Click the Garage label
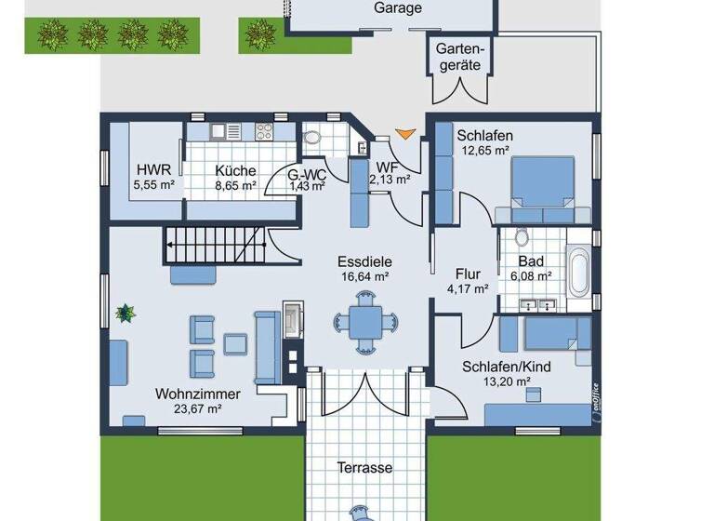coord(398,8)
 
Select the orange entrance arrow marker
coord(403,135)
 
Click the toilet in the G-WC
coord(312,137)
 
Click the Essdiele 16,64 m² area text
coord(363,276)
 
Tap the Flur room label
coord(468,274)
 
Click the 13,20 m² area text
coord(507,381)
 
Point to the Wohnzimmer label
coord(198,394)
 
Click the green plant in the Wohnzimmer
coord(124,314)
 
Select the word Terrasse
coord(364,468)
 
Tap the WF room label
coord(387,167)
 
